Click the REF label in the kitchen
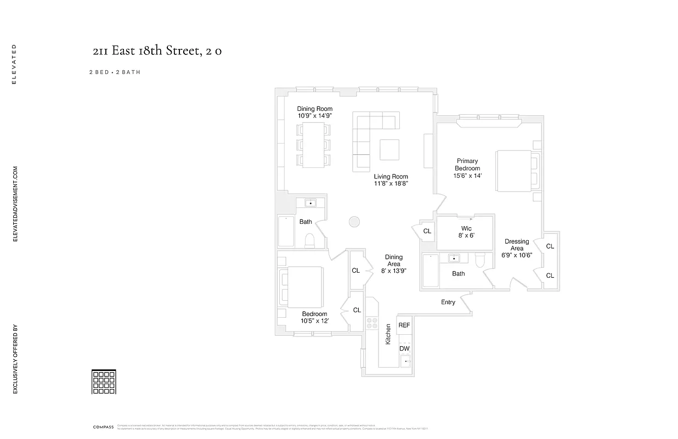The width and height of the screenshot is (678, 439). (x=404, y=325)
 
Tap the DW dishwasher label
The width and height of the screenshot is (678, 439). (x=404, y=348)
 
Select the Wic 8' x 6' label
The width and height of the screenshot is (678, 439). (x=466, y=232)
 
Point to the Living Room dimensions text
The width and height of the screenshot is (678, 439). (x=391, y=184)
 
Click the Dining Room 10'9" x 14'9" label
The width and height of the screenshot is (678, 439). (x=315, y=112)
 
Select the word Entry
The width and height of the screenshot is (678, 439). (x=448, y=302)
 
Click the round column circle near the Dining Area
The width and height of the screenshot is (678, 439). (x=354, y=222)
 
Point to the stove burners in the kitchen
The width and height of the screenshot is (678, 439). (x=372, y=323)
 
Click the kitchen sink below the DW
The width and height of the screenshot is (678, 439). (x=405, y=361)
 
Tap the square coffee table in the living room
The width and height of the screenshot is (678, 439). (x=389, y=149)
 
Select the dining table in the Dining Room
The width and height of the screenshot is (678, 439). (x=314, y=145)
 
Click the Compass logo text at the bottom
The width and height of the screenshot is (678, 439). (x=103, y=426)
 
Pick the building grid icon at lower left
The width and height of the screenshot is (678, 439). (x=104, y=382)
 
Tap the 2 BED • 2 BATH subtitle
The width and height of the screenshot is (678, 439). (x=115, y=72)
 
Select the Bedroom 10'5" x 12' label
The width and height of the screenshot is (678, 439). (x=314, y=317)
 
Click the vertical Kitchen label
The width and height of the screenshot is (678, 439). (x=388, y=334)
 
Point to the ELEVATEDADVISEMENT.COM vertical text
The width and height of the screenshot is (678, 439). (x=15, y=204)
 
